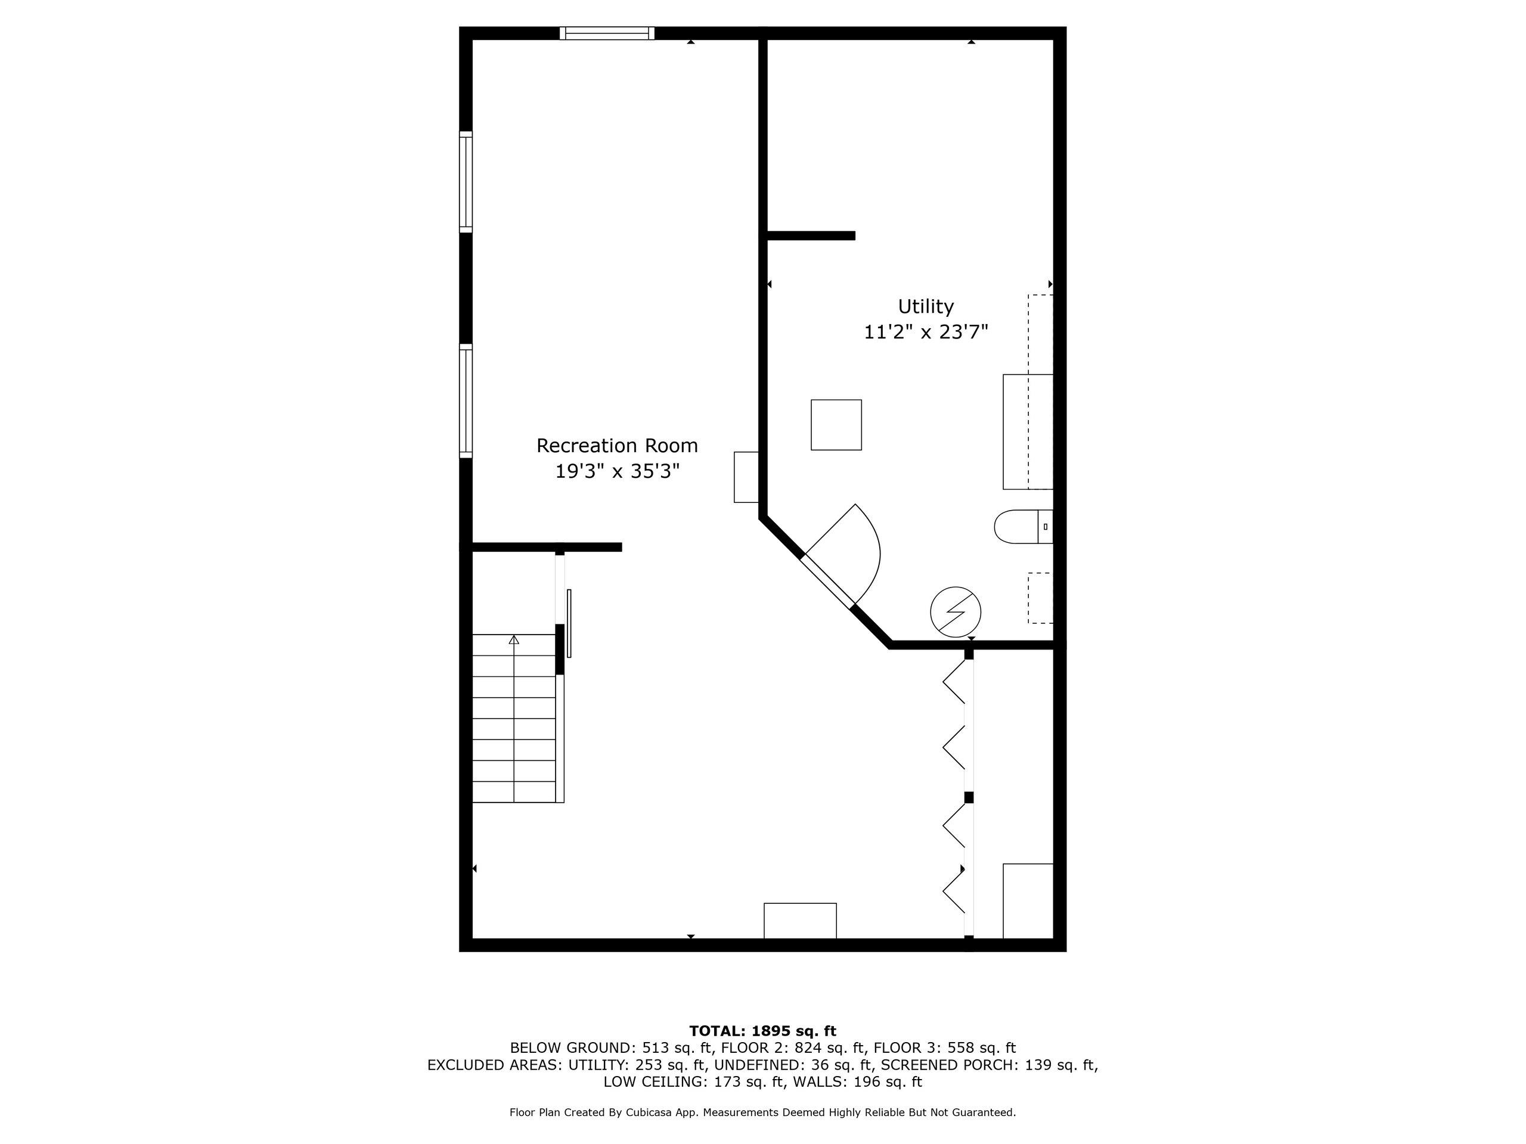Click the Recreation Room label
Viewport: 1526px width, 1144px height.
(x=617, y=446)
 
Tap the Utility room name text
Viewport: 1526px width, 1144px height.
(x=925, y=306)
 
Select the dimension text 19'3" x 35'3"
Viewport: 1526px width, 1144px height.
(x=617, y=472)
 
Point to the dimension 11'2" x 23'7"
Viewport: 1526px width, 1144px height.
(x=925, y=332)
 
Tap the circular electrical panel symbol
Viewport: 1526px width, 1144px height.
(x=956, y=612)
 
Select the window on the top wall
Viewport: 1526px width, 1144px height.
(x=606, y=33)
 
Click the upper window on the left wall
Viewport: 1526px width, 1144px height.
(x=466, y=181)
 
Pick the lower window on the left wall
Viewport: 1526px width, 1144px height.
(x=466, y=400)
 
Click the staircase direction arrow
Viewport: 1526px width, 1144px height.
(x=513, y=641)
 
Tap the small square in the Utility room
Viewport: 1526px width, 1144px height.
(x=836, y=425)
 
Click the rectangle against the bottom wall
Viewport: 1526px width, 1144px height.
(x=799, y=921)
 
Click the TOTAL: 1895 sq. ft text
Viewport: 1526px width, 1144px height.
(x=762, y=1031)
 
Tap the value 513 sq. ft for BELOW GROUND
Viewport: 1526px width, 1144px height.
(x=672, y=1048)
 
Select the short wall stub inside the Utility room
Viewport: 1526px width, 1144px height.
(x=811, y=236)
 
